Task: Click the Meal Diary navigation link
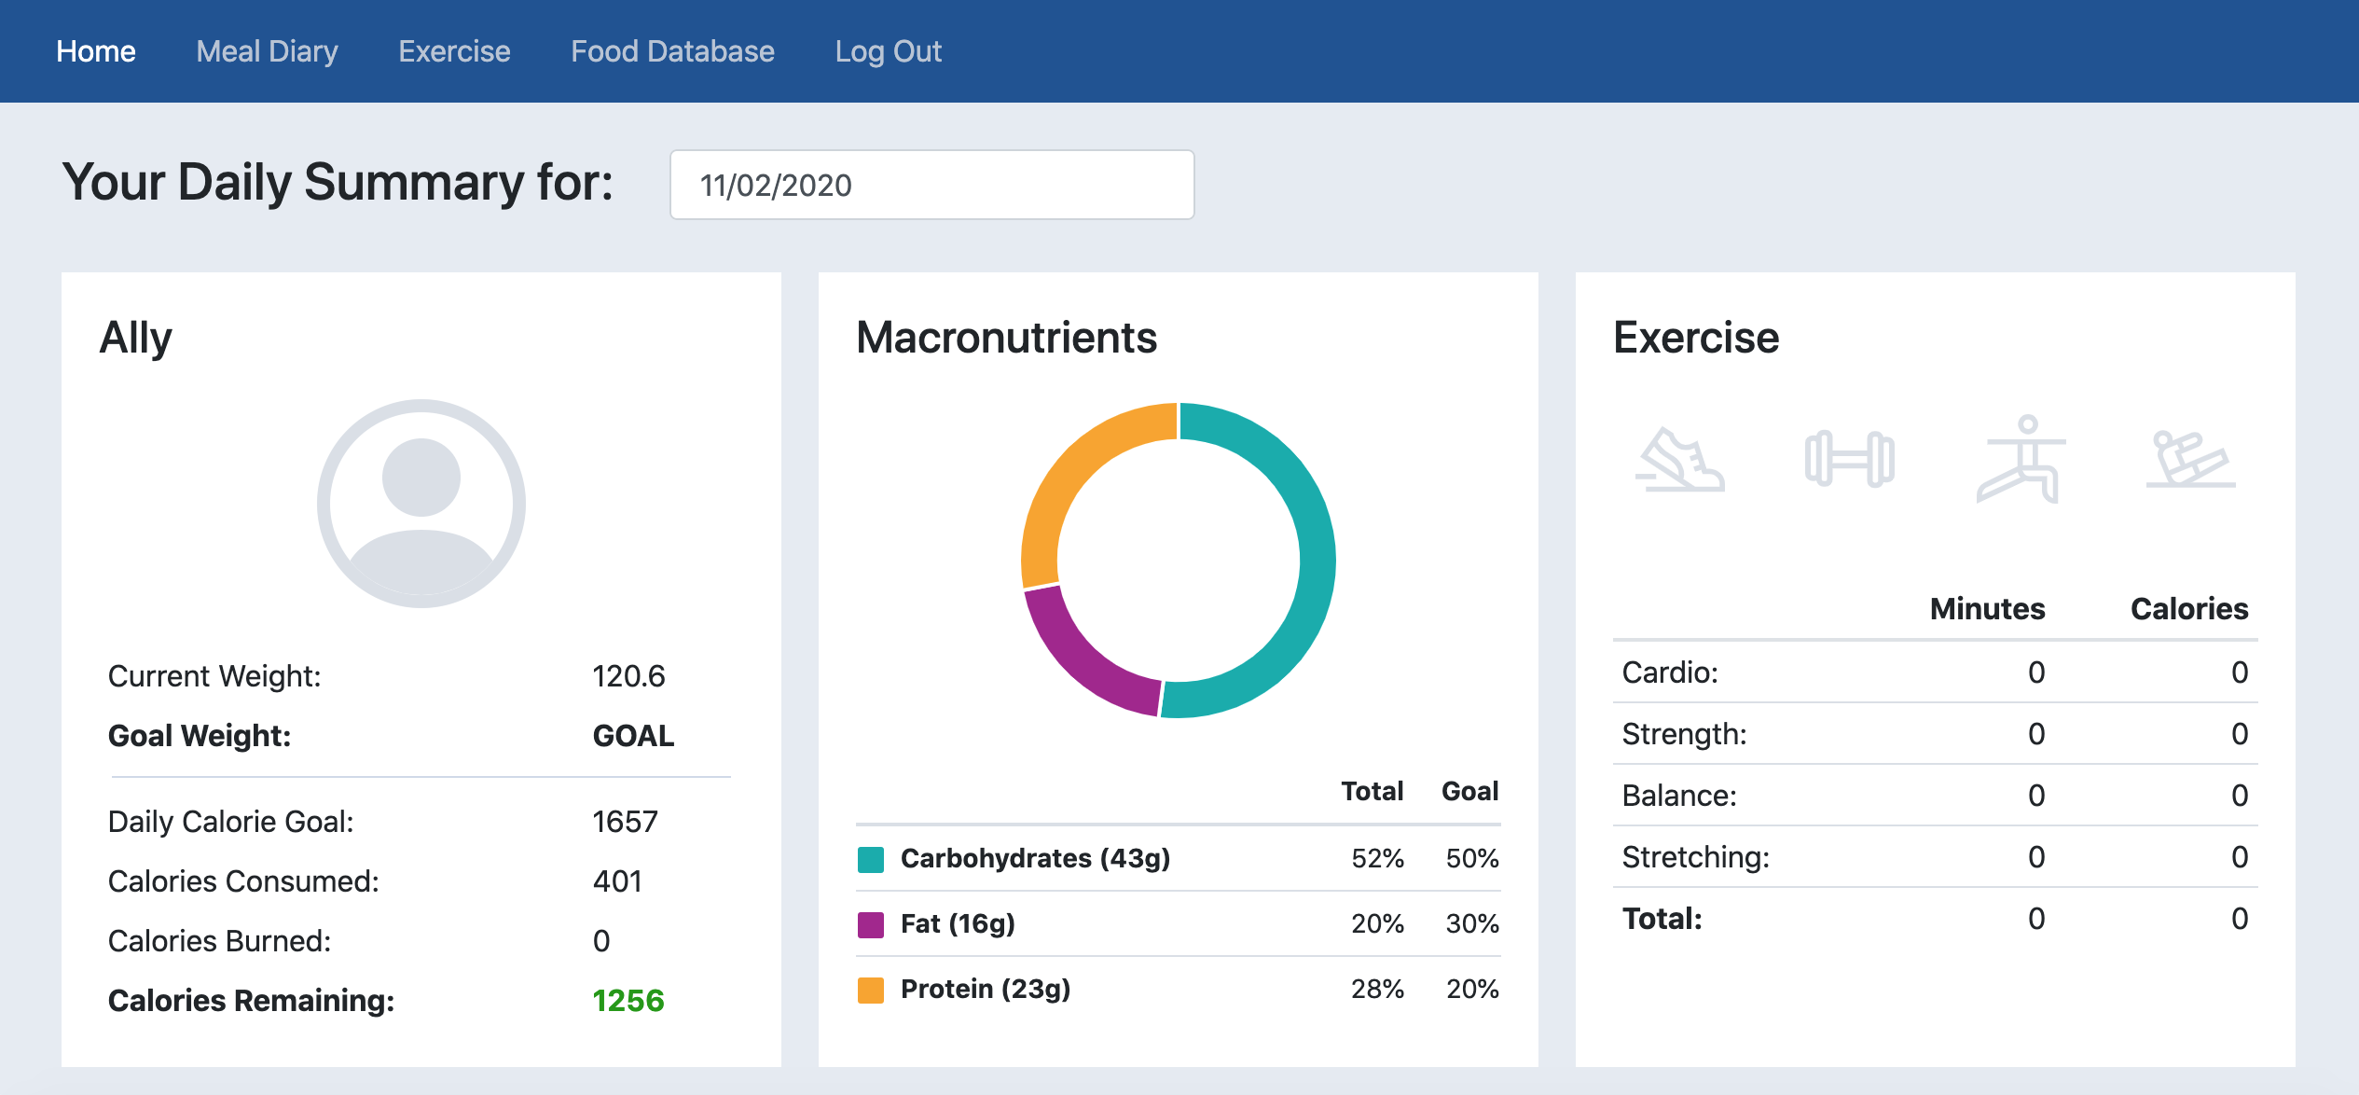267,51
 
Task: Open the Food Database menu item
672,51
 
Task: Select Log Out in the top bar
888,51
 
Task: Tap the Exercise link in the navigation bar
454,51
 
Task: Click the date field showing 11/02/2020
931,185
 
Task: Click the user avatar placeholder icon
421,504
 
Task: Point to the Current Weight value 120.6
628,676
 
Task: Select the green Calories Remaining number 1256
628,1001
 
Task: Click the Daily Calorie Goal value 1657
625,822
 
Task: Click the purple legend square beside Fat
871,924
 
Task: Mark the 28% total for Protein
1377,989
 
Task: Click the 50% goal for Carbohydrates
1471,858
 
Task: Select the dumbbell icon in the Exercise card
1850,459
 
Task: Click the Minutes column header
1987,609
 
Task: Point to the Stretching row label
1695,857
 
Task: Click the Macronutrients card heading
1006,338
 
